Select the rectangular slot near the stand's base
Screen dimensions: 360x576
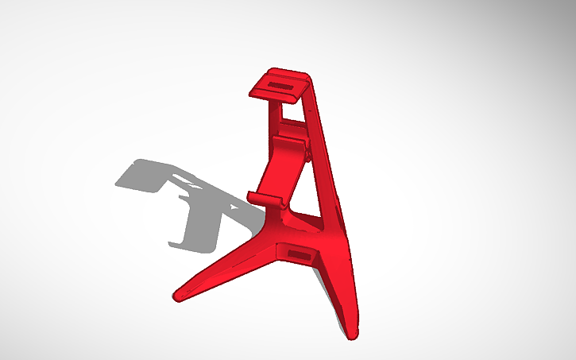pyautogui.click(x=300, y=254)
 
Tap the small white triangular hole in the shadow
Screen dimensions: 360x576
pyautogui.click(x=234, y=206)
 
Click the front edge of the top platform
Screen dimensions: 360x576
pyautogui.click(x=278, y=96)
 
